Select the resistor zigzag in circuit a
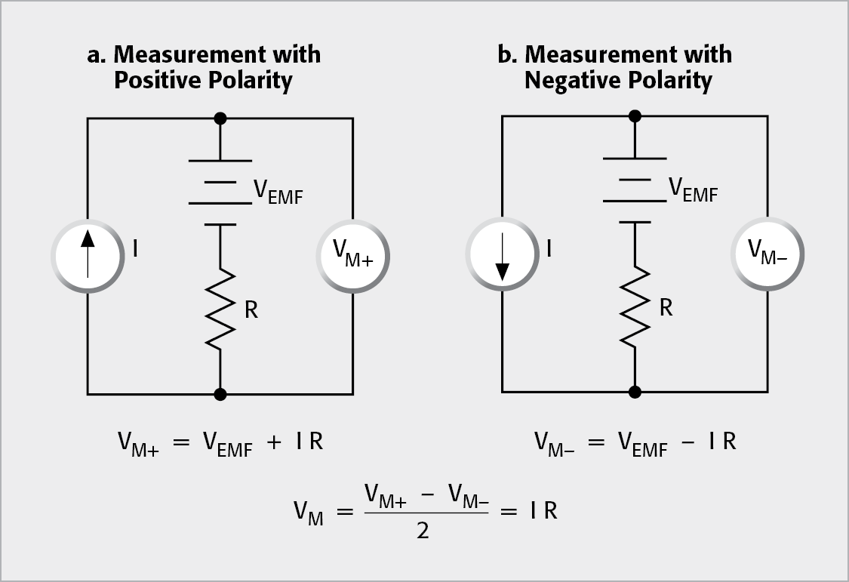coord(220,310)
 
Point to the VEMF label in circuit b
coord(694,192)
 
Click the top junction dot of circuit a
coord(220,118)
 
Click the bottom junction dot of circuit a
coord(220,394)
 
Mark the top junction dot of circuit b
coord(635,115)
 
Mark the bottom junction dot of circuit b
coord(635,392)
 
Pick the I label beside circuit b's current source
coord(549,248)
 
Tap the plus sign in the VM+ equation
coord(275,442)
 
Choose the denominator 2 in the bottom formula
coord(423,531)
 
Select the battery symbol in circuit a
coord(220,192)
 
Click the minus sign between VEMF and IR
coord(688,442)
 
